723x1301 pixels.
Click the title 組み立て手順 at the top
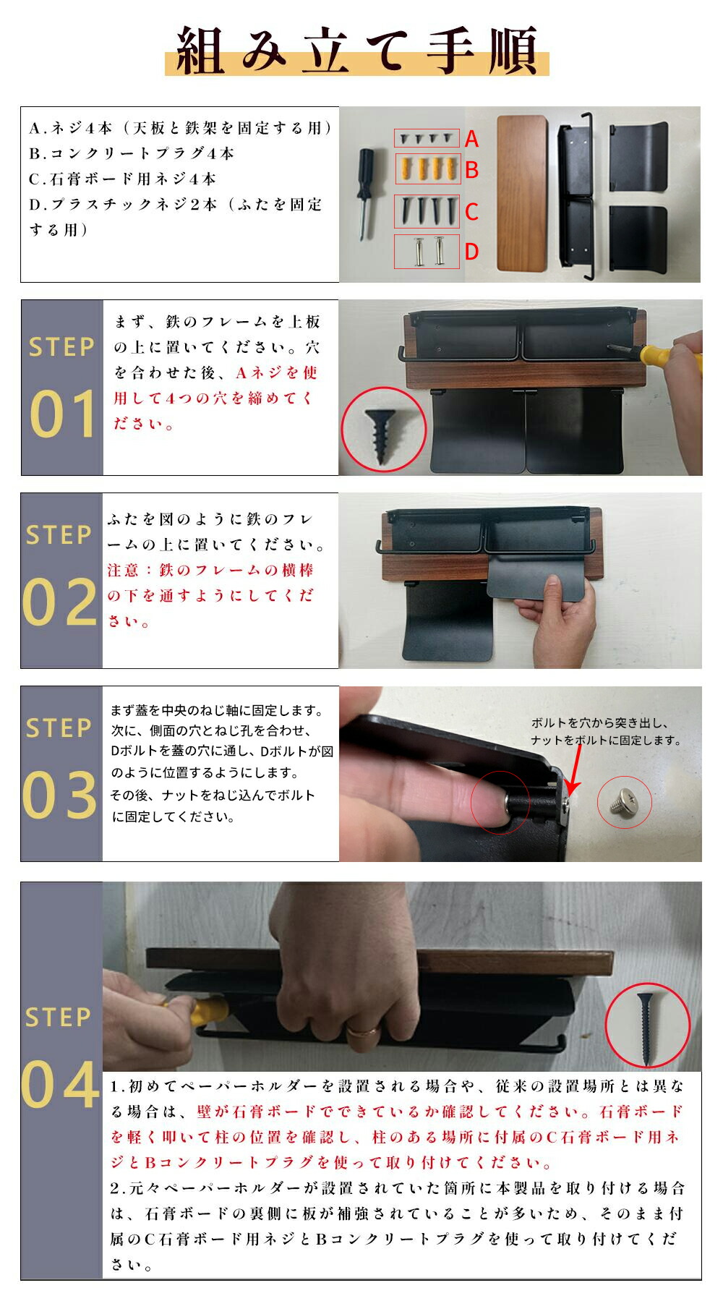click(x=357, y=51)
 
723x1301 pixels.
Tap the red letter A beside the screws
click(x=471, y=139)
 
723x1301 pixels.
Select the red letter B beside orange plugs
click(x=472, y=170)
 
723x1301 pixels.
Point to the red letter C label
click(x=471, y=212)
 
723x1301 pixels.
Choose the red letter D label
click(x=471, y=252)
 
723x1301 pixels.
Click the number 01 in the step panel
click(x=63, y=414)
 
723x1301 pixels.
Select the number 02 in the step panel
click(x=60, y=602)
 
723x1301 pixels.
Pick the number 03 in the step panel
click(x=60, y=795)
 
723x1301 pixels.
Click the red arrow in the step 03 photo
click(x=575, y=771)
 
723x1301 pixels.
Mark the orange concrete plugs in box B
click(x=428, y=169)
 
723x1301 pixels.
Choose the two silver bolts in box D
click(x=427, y=251)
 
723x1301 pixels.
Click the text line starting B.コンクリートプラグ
click(x=132, y=153)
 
